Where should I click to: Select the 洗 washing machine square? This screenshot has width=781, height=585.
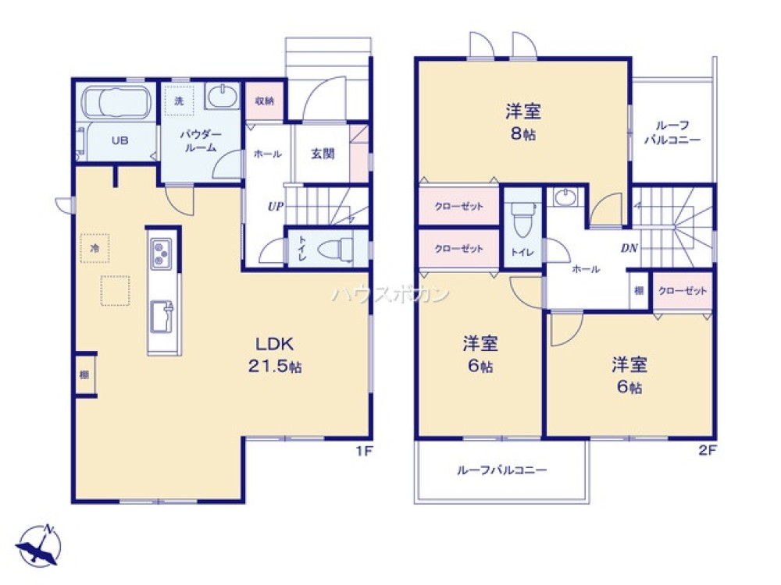tap(179, 101)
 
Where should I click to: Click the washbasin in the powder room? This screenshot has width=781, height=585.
tap(223, 97)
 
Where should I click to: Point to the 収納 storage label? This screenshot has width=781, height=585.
tap(264, 101)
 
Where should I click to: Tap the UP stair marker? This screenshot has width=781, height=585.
tap(275, 207)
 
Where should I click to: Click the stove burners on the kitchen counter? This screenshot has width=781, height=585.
tap(163, 253)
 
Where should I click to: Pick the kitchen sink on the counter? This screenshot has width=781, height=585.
tap(163, 315)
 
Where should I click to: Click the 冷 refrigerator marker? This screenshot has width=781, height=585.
tap(95, 248)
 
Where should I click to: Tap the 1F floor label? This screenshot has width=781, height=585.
tap(362, 450)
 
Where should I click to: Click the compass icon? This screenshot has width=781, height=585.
tap(37, 543)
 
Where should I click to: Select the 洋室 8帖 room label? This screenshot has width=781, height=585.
tap(522, 122)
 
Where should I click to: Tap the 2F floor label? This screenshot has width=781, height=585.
tap(707, 450)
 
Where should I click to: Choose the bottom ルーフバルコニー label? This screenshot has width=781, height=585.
tap(501, 470)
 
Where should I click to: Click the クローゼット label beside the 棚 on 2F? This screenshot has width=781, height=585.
tap(683, 291)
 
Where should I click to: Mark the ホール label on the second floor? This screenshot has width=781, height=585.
tap(586, 269)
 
